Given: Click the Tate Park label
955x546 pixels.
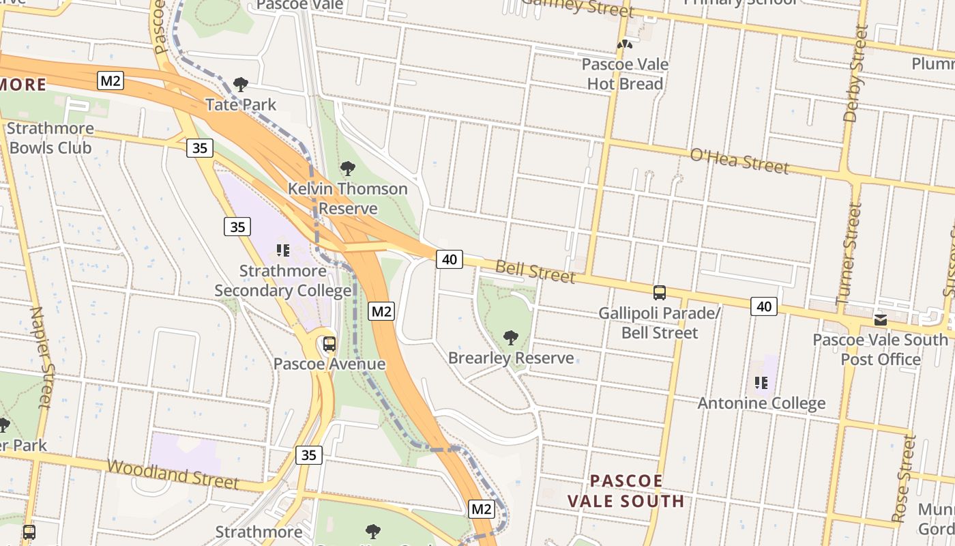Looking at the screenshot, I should tap(241, 104).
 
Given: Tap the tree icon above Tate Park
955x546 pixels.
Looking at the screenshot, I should tap(240, 85).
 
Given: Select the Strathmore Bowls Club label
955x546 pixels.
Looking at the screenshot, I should tap(50, 138).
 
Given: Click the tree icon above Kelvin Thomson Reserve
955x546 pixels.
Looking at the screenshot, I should tap(348, 169).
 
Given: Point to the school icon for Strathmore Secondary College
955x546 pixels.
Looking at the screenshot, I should tap(283, 250).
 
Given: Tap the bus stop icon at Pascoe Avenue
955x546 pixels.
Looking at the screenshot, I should tap(329, 344).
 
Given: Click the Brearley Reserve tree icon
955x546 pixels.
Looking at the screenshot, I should tap(510, 338).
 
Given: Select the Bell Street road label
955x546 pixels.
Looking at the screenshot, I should tap(535, 271).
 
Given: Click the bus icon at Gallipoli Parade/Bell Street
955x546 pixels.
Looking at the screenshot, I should tap(660, 293).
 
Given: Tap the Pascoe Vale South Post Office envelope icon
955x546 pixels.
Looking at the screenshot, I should tap(881, 319).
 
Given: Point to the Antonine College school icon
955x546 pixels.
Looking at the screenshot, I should tap(761, 383).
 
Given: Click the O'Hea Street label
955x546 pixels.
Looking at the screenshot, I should tap(739, 160).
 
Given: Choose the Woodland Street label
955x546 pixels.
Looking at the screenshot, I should tap(173, 474).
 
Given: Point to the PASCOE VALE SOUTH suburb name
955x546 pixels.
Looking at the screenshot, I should tap(626, 491).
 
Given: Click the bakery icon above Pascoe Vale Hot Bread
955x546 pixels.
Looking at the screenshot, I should tap(625, 44).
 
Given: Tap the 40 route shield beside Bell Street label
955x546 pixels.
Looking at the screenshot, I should tap(449, 259).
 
